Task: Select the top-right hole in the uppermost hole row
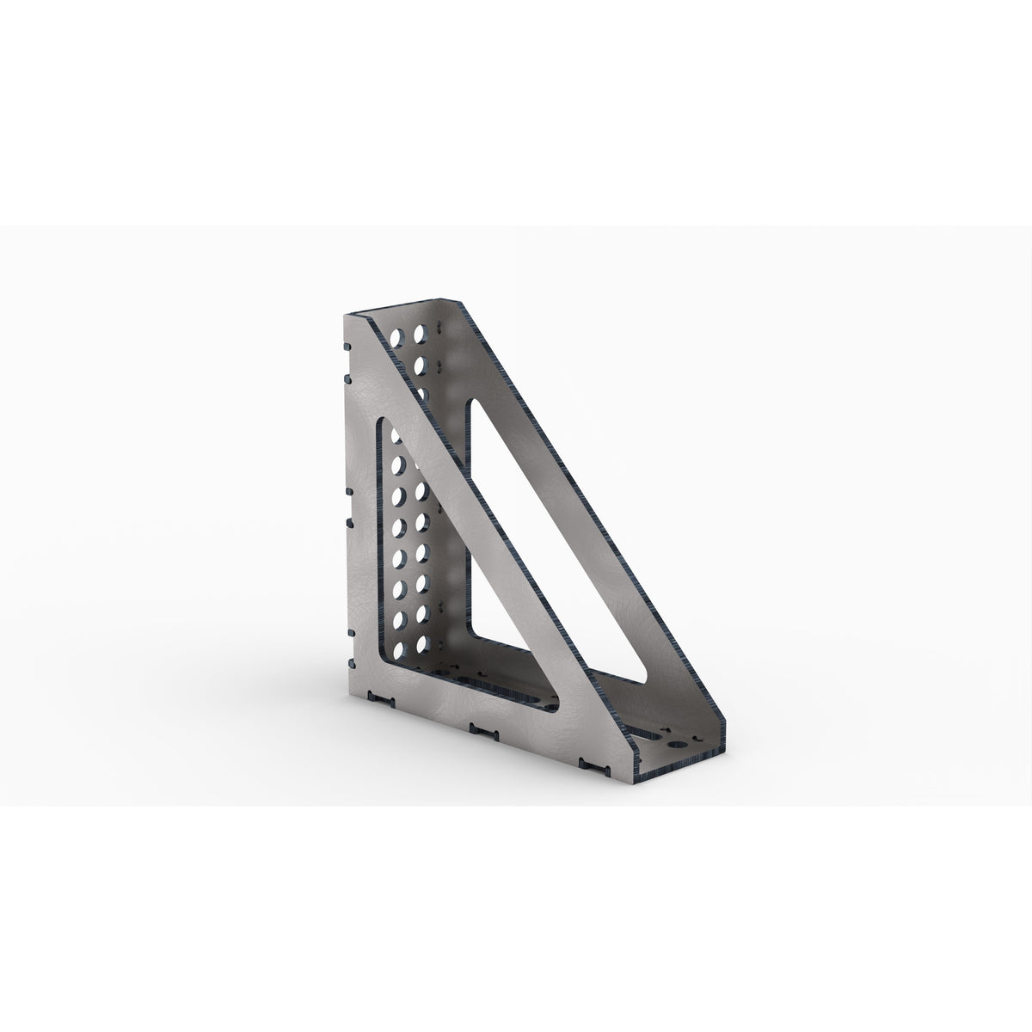(x=421, y=331)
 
